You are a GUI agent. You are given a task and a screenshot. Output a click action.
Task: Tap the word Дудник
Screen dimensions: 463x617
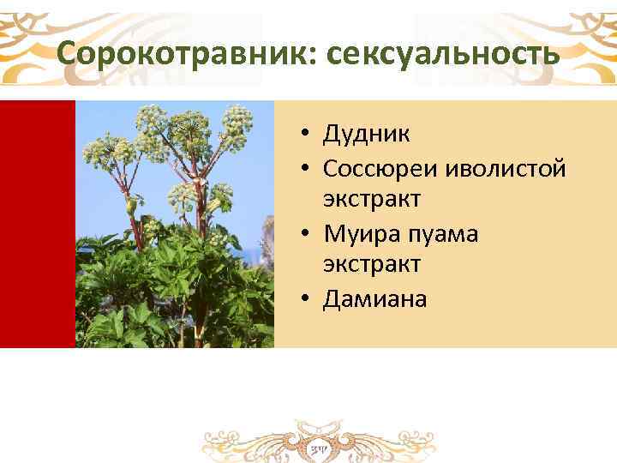(366, 134)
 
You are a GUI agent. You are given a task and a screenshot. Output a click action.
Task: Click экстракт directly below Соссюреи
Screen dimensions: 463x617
(371, 199)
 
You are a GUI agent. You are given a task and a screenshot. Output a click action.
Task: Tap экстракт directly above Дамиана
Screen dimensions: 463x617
(371, 265)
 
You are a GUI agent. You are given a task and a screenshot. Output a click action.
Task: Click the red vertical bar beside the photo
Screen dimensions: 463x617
(37, 224)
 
